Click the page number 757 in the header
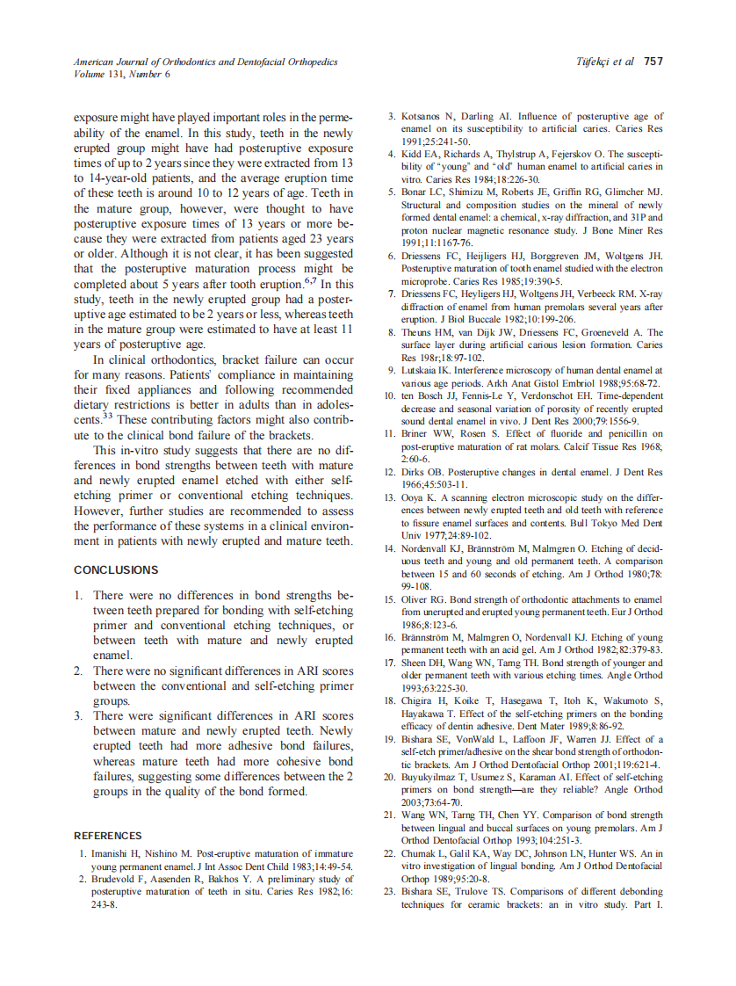653,62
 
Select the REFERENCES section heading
107,835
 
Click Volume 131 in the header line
94,74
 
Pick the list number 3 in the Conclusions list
78,716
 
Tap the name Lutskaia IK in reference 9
427,371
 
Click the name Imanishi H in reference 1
118,853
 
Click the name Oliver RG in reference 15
424,599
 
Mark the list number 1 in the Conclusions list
78,595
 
